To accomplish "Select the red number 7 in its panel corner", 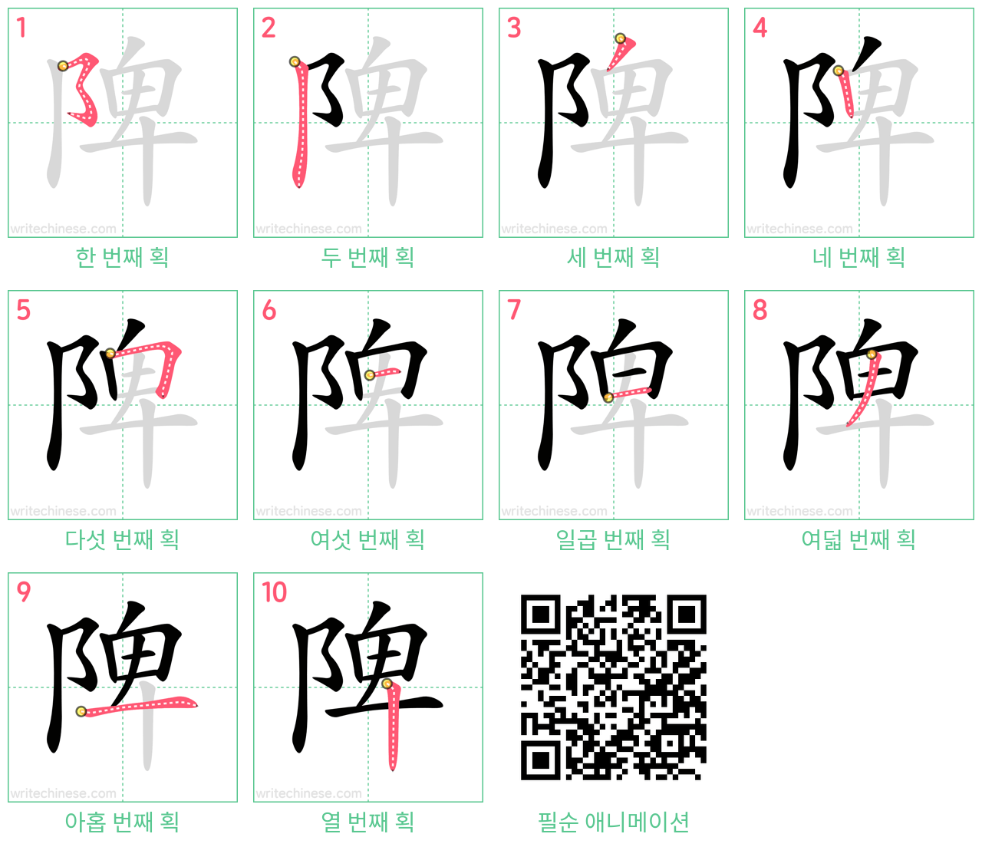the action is coord(514,309).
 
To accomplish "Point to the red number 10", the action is coord(274,592).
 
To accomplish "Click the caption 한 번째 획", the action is coord(123,258).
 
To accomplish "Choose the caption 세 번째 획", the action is coord(613,258).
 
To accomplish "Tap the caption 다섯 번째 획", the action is coord(123,539).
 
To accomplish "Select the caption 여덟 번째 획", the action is coord(858,539).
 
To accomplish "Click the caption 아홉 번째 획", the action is coord(123,822).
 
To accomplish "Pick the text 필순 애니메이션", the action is coord(613,822).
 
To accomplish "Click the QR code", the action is coord(613,687).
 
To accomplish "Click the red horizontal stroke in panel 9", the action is coord(138,705).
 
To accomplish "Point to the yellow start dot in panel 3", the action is coord(620,38).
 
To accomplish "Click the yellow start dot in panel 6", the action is coord(370,375).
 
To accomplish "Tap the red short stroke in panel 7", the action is coord(630,393).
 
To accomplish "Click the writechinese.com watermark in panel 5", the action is coord(63,511).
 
